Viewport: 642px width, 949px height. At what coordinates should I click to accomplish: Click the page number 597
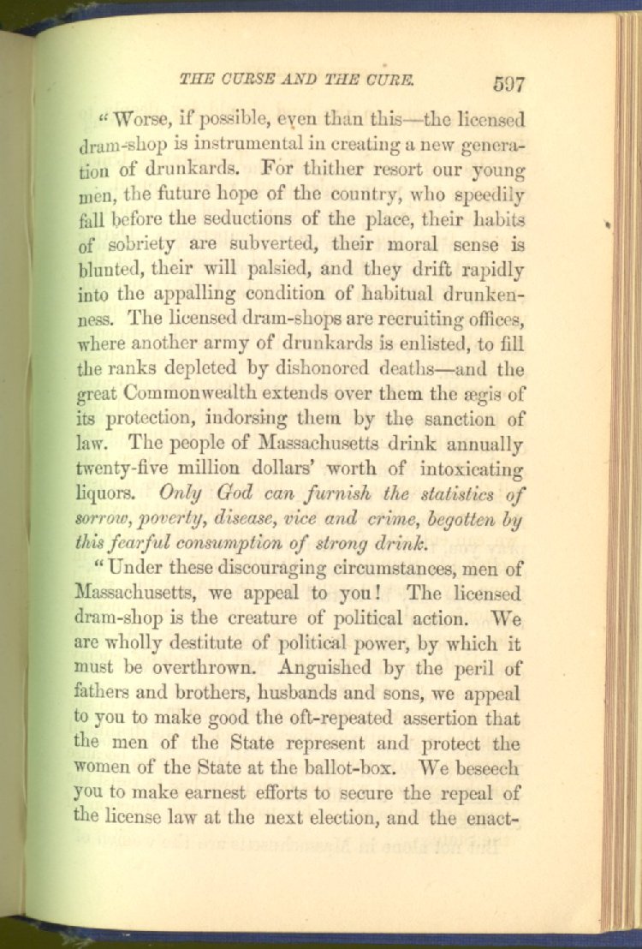pos(508,84)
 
